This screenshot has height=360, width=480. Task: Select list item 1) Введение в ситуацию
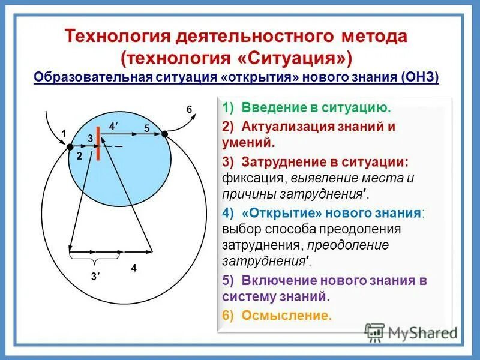(x=306, y=108)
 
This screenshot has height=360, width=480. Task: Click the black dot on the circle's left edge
(x=70, y=146)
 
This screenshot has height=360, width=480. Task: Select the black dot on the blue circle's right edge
(x=165, y=134)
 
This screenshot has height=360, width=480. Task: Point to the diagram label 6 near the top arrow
(x=189, y=109)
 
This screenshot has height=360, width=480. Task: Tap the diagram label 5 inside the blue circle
(x=146, y=128)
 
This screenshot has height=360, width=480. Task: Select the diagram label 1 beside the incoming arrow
(x=62, y=133)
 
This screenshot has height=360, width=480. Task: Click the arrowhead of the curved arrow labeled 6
(x=193, y=117)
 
